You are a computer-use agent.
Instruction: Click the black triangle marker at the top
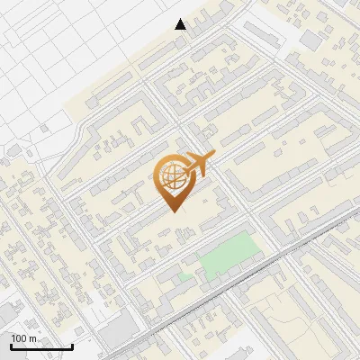pyautogui.click(x=181, y=24)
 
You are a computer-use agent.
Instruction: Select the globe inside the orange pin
pyautogui.click(x=171, y=173)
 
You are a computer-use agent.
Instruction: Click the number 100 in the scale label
pyautogui.click(x=22, y=338)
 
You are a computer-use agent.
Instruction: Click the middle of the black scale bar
pyautogui.click(x=41, y=347)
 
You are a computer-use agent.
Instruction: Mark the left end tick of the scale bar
pyautogui.click(x=11, y=346)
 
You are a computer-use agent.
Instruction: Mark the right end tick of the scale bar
pyautogui.click(x=72, y=346)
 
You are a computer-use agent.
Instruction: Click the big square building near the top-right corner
pyautogui.click(x=310, y=40)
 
